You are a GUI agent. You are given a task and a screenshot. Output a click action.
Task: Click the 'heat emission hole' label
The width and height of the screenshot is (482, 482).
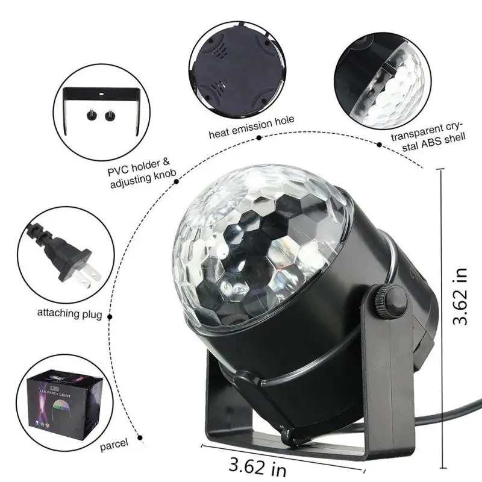252,120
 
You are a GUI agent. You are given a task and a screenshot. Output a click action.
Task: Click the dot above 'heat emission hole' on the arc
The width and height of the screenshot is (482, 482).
259,138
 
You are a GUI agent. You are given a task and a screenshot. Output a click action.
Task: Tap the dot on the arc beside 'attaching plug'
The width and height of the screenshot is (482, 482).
110,314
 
